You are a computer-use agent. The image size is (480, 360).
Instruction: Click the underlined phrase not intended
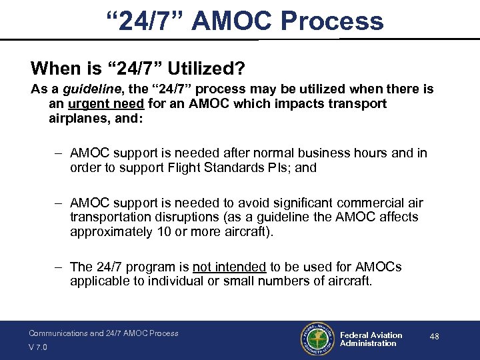point(229,267)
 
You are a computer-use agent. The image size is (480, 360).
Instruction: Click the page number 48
point(434,337)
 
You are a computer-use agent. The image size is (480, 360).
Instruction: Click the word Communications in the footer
point(57,333)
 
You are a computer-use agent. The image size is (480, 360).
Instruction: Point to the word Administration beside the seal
point(368,344)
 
